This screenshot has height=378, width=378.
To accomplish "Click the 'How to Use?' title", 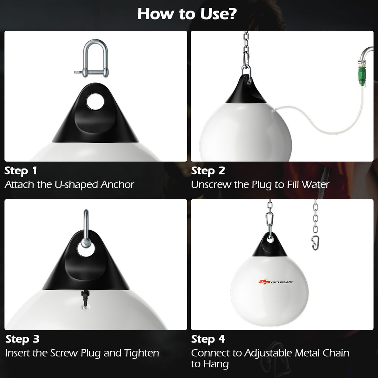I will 187,14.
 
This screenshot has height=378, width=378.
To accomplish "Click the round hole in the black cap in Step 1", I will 96,101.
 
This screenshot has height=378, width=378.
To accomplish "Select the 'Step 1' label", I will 21,171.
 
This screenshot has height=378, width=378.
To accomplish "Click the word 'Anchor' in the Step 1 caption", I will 117,185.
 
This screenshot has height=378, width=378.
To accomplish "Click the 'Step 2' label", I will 208,171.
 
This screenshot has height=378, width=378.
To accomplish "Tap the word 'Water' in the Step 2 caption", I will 315,185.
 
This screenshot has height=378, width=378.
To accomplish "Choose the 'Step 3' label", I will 22,339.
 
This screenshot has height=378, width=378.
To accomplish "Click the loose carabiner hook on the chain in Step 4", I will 316,243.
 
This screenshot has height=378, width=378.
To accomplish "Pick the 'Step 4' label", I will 208,339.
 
